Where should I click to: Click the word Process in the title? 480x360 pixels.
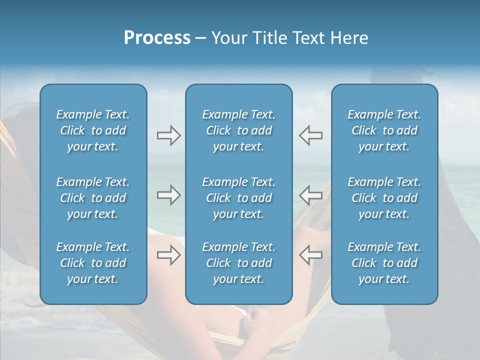157,38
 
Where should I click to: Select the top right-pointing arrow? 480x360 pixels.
168,135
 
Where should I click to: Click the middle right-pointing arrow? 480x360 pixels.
168,195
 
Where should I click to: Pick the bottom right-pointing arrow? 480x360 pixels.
168,255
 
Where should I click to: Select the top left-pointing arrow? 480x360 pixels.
310,135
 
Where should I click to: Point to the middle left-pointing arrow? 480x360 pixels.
310,195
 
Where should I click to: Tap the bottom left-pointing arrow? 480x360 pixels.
310,255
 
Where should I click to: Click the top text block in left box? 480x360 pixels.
93,130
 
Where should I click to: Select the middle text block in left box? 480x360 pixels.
93,198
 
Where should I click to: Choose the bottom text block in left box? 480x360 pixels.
93,263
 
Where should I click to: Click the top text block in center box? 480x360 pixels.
238,130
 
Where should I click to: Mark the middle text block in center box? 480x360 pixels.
238,198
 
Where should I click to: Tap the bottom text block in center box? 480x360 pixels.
238,263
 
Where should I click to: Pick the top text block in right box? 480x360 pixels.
384,130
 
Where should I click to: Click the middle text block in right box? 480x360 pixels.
384,198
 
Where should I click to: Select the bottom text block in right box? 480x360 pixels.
384,263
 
